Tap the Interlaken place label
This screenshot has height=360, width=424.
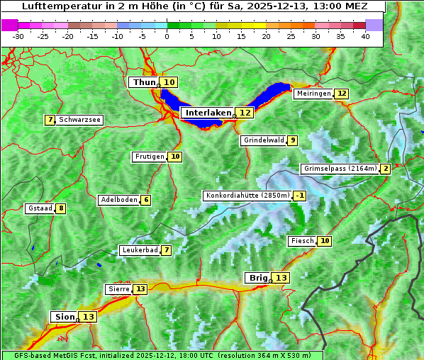click(x=208, y=113)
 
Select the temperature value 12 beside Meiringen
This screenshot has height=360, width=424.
click(x=342, y=94)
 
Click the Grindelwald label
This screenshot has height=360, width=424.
click(x=264, y=140)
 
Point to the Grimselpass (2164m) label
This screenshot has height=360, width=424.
click(x=340, y=169)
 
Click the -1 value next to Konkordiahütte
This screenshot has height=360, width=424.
click(x=300, y=196)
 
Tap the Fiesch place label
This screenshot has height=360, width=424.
click(x=302, y=241)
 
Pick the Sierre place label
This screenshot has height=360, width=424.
click(x=118, y=289)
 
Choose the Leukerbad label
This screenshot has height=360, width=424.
click(x=139, y=250)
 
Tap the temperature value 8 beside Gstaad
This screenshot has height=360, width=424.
click(x=61, y=208)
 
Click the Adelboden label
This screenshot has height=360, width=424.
click(x=118, y=200)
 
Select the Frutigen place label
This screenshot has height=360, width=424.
click(x=149, y=157)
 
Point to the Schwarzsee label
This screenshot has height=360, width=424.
click(x=79, y=120)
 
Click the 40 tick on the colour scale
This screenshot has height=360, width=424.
click(x=365, y=35)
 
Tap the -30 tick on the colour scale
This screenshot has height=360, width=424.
click(x=18, y=35)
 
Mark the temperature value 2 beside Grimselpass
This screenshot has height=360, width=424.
click(x=385, y=169)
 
